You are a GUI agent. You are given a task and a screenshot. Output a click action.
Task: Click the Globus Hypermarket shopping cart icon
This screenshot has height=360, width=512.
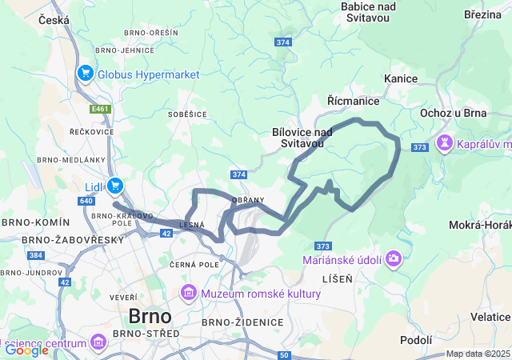tap(86, 74)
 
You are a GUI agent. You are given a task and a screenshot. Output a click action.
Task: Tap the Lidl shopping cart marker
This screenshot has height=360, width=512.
tap(116, 186)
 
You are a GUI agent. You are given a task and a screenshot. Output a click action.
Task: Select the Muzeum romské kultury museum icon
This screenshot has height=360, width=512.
tap(190, 294)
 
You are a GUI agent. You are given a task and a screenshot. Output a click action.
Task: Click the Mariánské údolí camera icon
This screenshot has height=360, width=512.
tap(394, 259)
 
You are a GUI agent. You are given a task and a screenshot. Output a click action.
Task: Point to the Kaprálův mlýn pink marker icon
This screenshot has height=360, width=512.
tap(444, 143)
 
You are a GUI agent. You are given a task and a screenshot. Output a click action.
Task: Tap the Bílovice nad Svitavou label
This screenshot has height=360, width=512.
tap(302, 138)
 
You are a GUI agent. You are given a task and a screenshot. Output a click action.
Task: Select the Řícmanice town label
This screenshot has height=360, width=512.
tap(353, 101)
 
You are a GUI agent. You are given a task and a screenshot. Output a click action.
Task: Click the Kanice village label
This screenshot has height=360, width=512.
tap(401, 78)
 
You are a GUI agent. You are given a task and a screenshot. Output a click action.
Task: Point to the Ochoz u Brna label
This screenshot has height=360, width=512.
tap(454, 113)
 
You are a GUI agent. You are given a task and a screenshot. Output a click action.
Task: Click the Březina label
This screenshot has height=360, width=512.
tap(482, 14)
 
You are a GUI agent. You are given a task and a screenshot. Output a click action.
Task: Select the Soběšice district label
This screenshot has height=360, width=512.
tap(187, 114)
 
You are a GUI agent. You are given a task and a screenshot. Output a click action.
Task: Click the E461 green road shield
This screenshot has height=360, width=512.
tap(100, 109)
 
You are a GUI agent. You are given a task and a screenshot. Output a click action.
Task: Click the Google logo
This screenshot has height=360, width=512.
tap(26, 350)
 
